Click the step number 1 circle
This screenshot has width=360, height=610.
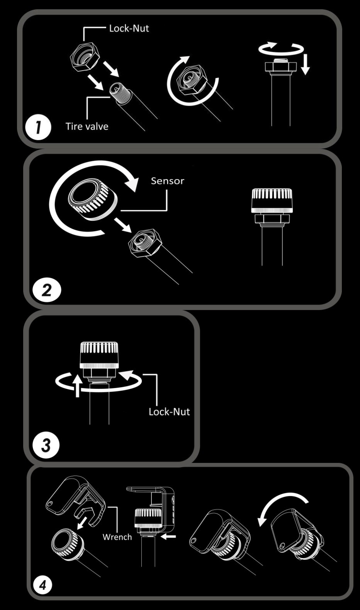[x=38, y=127]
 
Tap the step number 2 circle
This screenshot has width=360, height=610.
[x=47, y=290]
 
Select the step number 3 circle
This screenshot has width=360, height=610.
[x=46, y=446]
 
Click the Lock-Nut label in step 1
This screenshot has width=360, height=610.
[x=129, y=28]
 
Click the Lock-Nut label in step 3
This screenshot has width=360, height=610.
[x=169, y=412]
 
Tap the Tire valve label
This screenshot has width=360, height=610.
[x=87, y=126]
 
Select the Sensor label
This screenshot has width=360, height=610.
[x=168, y=181]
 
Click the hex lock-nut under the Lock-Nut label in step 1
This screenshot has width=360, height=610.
[x=84, y=57]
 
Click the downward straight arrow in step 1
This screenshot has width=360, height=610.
[x=306, y=64]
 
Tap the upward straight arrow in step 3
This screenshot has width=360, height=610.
[x=78, y=385]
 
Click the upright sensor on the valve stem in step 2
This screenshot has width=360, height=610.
[x=272, y=200]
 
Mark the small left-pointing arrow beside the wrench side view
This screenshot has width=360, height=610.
[x=168, y=537]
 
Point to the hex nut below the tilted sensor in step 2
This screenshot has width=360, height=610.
[x=143, y=242]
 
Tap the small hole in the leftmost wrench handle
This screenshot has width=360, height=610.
[x=49, y=504]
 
